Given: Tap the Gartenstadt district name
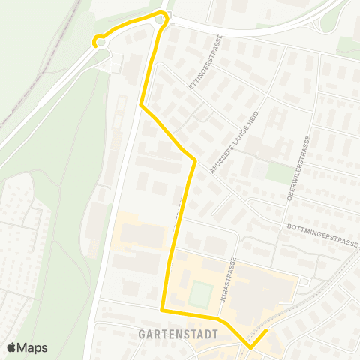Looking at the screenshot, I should click(178, 332).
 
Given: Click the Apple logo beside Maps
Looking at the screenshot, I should click(12, 347).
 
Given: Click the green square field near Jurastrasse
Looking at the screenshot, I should click(199, 293).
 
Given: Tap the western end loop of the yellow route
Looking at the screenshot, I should click(97, 42).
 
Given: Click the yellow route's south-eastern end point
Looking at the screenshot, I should click(266, 331).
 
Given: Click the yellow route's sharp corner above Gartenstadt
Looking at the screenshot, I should click(162, 309).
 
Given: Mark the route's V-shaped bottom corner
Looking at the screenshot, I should click(250, 346).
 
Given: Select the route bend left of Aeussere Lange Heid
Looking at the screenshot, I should click(194, 160).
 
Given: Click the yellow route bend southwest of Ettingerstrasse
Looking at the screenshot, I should click(141, 106).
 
